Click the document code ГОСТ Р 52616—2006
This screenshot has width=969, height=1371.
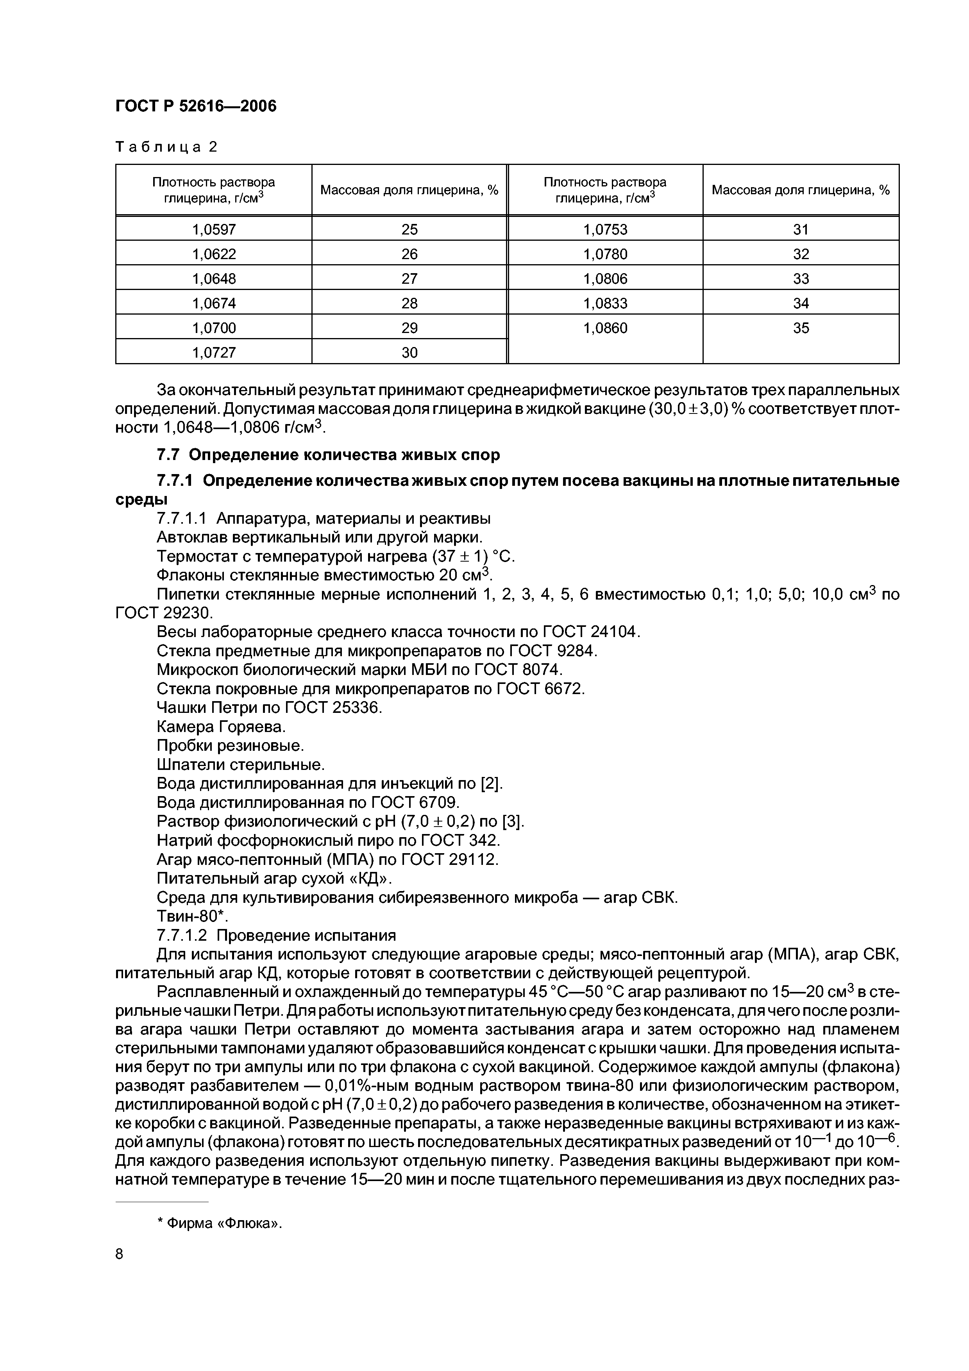pos(196,106)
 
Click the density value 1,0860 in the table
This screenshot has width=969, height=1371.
pos(605,328)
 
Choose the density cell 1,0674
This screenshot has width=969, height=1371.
pos(214,303)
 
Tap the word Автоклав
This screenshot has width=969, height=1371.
pos(188,537)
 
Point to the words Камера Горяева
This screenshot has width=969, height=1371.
pos(221,727)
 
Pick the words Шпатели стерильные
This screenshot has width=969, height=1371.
pos(240,765)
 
